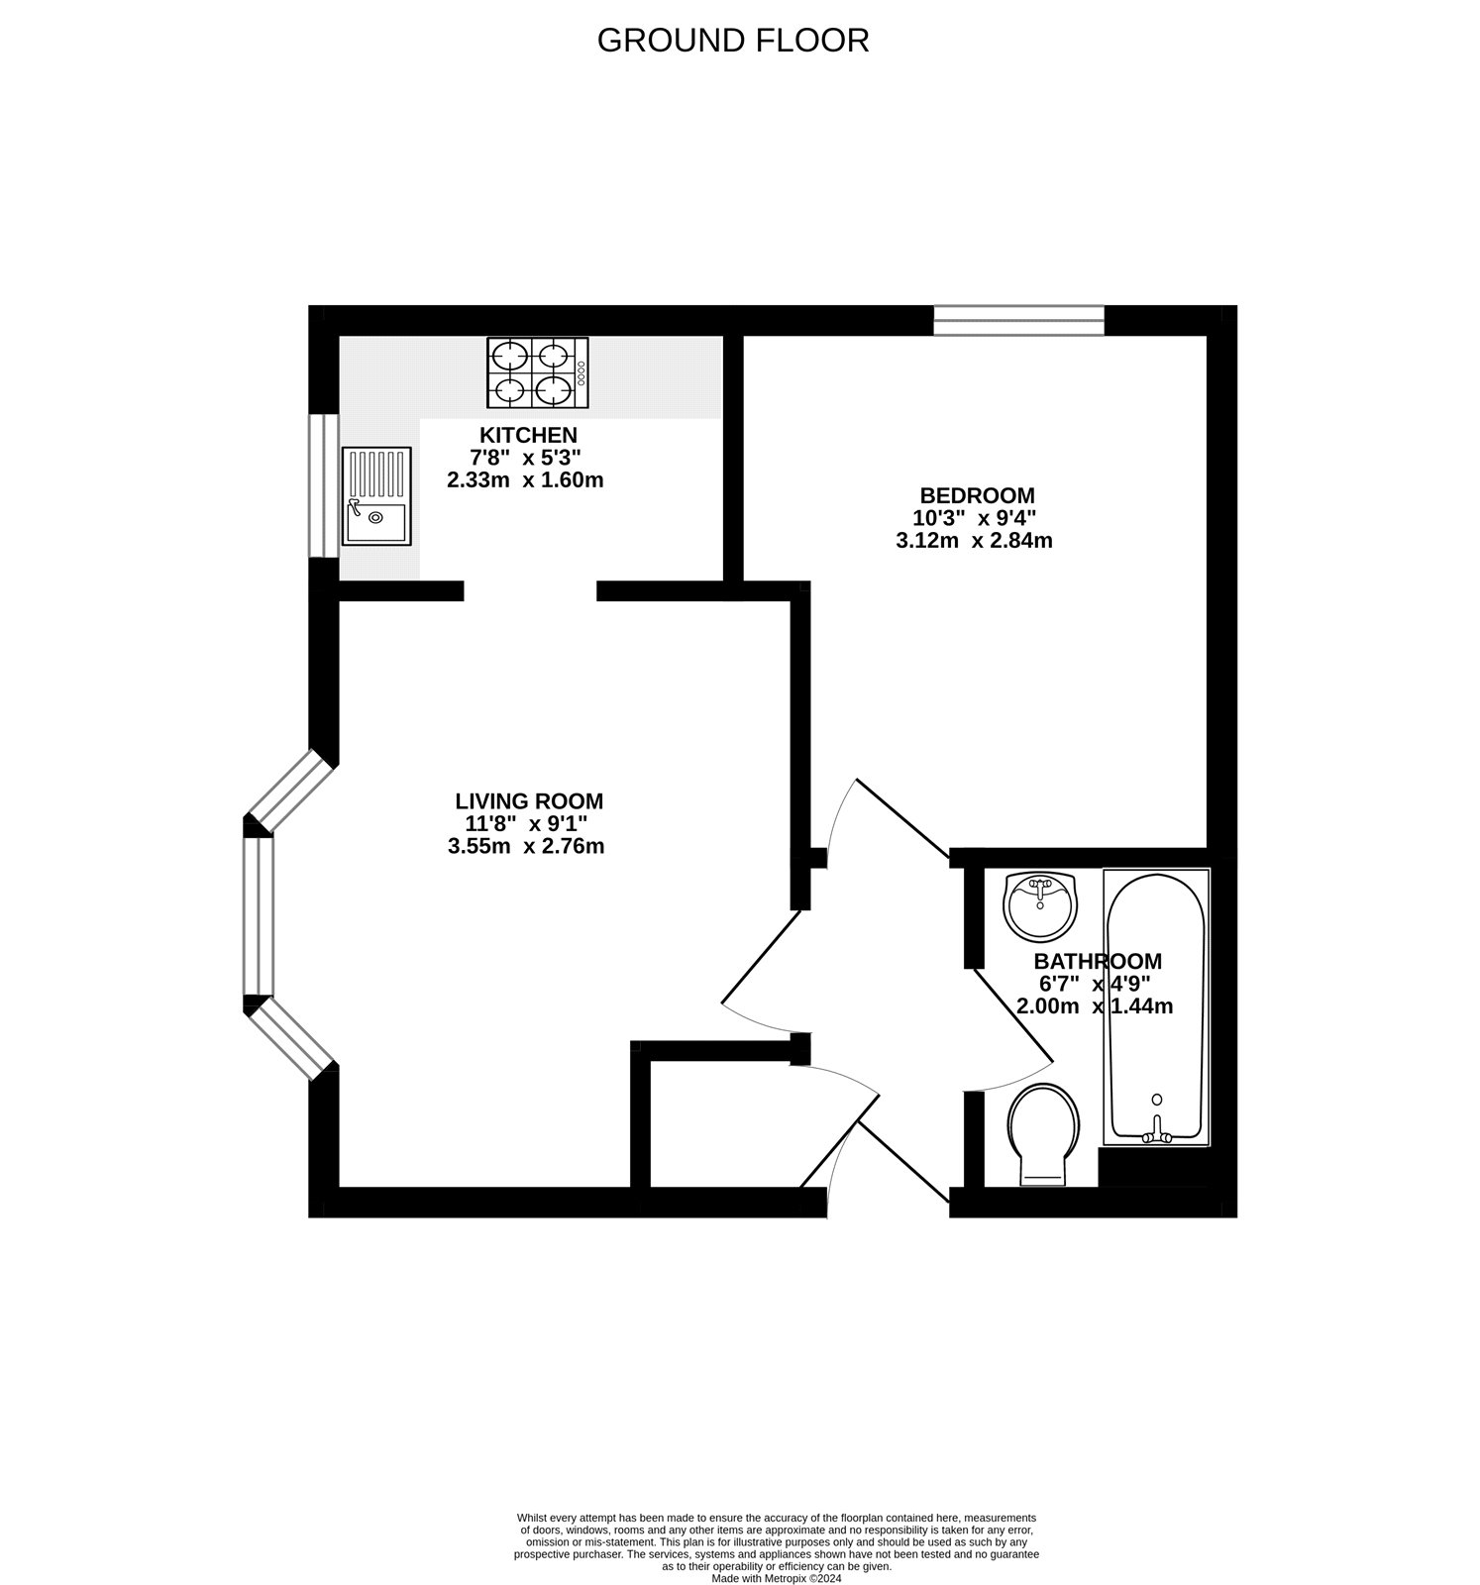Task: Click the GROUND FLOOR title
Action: pyautogui.click(x=733, y=41)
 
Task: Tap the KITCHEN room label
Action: pyautogui.click(x=528, y=435)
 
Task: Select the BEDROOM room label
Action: pyautogui.click(x=977, y=495)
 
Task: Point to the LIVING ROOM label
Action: pyautogui.click(x=529, y=800)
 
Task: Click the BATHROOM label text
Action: pyautogui.click(x=1097, y=961)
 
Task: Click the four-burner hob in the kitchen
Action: pyautogui.click(x=536, y=372)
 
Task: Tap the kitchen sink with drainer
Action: pyautogui.click(x=375, y=495)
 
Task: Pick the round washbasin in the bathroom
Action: pyautogui.click(x=1039, y=904)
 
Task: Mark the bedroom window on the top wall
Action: pyautogui.click(x=1018, y=320)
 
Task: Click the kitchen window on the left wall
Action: pyautogui.click(x=323, y=485)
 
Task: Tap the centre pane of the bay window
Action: pyautogui.click(x=258, y=916)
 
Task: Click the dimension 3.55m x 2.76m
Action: pyautogui.click(x=526, y=846)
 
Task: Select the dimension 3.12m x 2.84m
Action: pyautogui.click(x=974, y=541)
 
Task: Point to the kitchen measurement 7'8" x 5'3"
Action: pyautogui.click(x=525, y=458)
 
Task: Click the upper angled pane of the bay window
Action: pyautogui.click(x=289, y=789)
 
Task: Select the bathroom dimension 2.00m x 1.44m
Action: pyautogui.click(x=1095, y=1006)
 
